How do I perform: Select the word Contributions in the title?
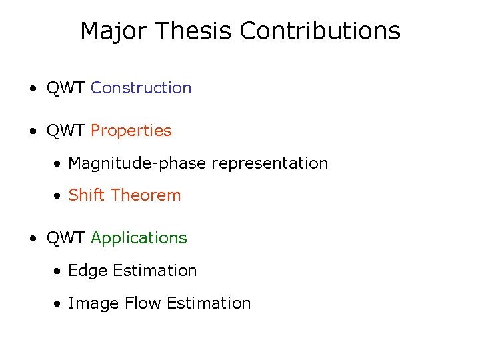coord(320,31)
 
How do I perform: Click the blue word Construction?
coord(141,88)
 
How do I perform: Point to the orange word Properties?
coord(131,131)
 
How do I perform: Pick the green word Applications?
coord(139,238)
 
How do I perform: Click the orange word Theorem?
coord(146,195)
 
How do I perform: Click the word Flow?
coord(143,303)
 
